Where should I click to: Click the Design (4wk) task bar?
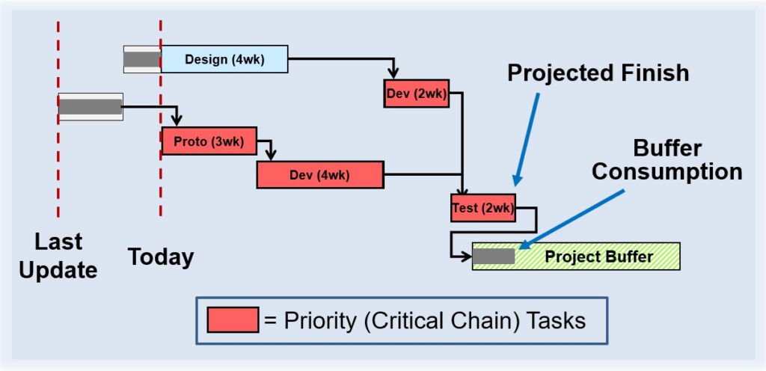224,60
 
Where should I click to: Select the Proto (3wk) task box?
208,141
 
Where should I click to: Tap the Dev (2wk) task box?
417,93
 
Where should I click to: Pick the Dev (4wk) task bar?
319,175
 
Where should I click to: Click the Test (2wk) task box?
482,208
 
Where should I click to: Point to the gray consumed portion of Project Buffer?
494,257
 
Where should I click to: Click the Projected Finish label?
597,73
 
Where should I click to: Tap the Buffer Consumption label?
667,159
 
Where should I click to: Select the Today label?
160,257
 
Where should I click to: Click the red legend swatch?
233,321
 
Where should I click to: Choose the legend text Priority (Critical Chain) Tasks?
424,321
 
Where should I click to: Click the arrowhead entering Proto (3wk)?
177,121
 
